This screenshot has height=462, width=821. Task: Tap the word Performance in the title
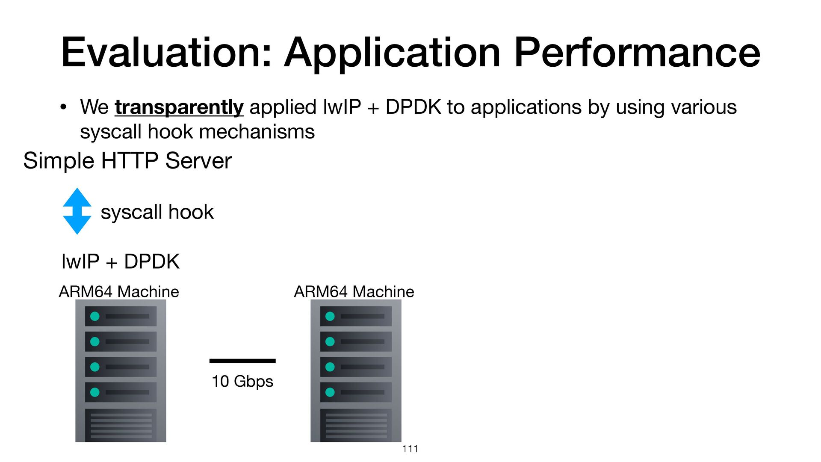637,53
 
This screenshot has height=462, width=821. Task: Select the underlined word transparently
179,107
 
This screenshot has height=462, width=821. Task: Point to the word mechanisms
257,132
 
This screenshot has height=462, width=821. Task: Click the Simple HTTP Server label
127,161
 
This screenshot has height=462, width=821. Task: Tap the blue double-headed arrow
77,211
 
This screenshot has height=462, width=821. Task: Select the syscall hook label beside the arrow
157,212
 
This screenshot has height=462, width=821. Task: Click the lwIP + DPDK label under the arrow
120,261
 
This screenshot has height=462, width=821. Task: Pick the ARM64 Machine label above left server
119,292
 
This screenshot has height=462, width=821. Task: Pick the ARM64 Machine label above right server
354,292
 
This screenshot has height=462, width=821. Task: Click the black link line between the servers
242,361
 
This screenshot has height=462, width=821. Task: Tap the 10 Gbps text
242,381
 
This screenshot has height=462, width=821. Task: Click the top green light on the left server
95,316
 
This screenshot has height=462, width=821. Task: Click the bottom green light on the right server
330,392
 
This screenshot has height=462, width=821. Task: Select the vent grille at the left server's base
121,425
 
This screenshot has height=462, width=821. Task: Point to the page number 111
410,449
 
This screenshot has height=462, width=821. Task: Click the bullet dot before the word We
63,107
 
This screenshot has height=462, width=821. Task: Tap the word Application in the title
392,53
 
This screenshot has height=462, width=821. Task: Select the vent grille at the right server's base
356,425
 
